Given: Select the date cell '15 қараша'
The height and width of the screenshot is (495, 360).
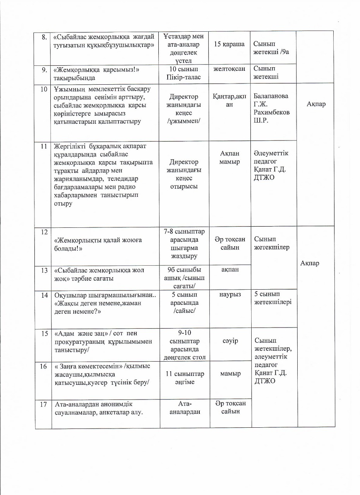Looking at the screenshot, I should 229,44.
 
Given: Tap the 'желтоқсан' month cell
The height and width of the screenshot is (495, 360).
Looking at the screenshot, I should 229,69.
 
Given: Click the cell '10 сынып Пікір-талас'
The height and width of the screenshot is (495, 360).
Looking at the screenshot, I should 184,73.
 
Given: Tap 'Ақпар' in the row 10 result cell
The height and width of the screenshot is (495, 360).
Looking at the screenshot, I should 315,104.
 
